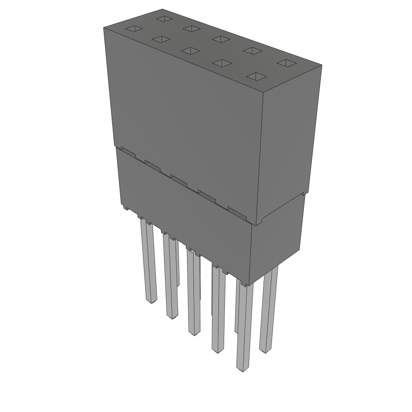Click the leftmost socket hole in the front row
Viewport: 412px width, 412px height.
coord(134,29)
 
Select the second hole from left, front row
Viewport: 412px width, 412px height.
coord(161,39)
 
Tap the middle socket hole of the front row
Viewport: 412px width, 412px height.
coord(190,51)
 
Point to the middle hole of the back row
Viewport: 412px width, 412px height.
coord(221,39)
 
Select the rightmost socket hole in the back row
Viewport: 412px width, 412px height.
coord(287,63)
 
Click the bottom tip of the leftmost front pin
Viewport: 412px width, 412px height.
coord(151,301)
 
